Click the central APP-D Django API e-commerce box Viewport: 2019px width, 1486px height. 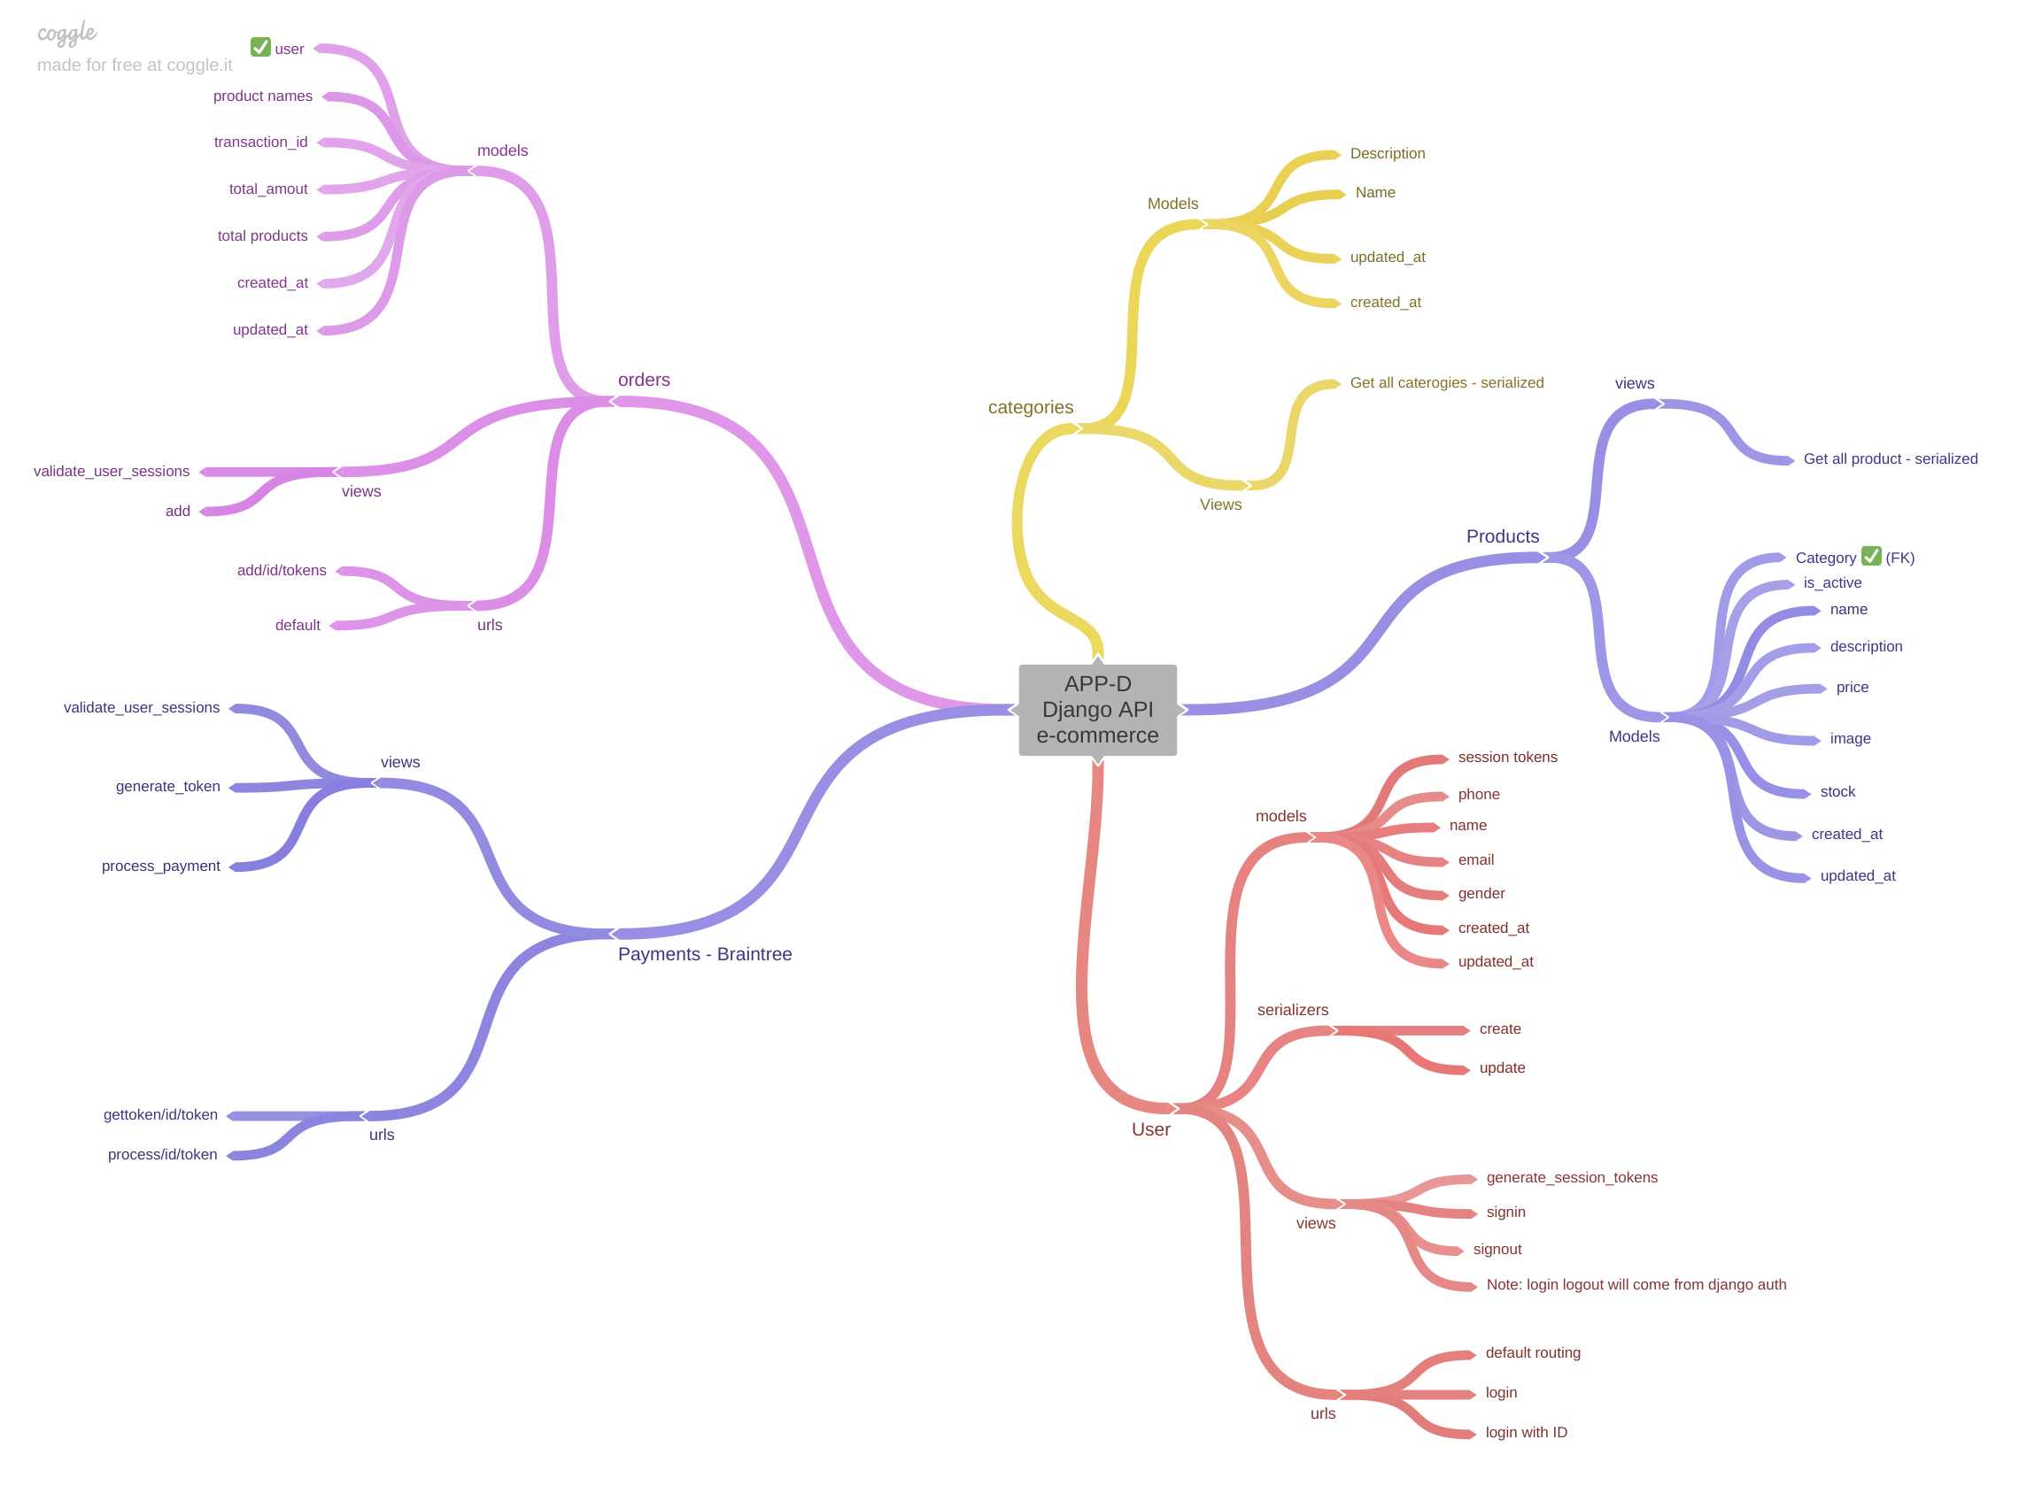(x=1097, y=710)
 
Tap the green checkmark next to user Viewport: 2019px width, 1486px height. (x=260, y=47)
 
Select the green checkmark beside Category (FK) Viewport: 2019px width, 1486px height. (x=1870, y=556)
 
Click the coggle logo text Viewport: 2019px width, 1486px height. (x=66, y=34)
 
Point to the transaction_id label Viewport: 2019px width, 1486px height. (x=260, y=142)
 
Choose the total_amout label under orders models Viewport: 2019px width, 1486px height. (x=267, y=189)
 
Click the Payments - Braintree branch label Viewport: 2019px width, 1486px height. (x=705, y=953)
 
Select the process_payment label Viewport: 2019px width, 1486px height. (x=160, y=866)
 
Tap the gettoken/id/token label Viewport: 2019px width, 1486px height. (x=160, y=1114)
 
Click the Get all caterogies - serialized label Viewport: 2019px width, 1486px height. (x=1446, y=382)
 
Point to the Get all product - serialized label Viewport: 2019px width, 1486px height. (x=1890, y=458)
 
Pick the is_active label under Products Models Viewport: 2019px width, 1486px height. (x=1832, y=583)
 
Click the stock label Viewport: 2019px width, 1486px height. (x=1837, y=791)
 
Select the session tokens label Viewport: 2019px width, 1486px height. (x=1507, y=758)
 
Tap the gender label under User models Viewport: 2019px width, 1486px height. (x=1481, y=893)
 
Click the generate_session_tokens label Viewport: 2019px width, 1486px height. (x=1571, y=1177)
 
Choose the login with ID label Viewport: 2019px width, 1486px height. (x=1525, y=1432)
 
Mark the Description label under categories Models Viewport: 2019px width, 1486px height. (x=1387, y=154)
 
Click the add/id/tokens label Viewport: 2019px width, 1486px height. (x=282, y=570)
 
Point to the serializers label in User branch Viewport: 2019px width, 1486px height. (x=1292, y=1009)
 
